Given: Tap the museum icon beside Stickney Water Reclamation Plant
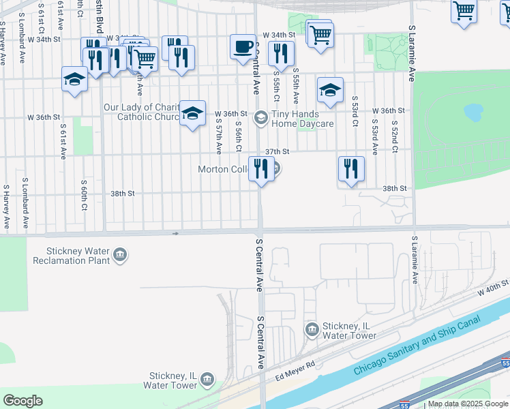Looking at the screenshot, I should coord(120,256).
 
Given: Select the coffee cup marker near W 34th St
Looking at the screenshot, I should coord(243,48).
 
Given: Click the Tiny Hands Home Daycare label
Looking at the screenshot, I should coord(302,119).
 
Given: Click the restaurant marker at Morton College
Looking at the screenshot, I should coord(261,169).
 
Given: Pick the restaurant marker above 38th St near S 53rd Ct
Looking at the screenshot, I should coord(351,170).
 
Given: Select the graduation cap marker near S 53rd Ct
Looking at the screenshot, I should coord(330,91).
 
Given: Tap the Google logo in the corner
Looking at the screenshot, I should coord(22,401).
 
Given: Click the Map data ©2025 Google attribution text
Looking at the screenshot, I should coord(468,404).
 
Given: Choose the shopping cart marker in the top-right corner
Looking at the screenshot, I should coord(464,12).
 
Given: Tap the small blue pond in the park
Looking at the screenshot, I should coord(473,111).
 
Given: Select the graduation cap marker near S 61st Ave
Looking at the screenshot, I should coord(74,80).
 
